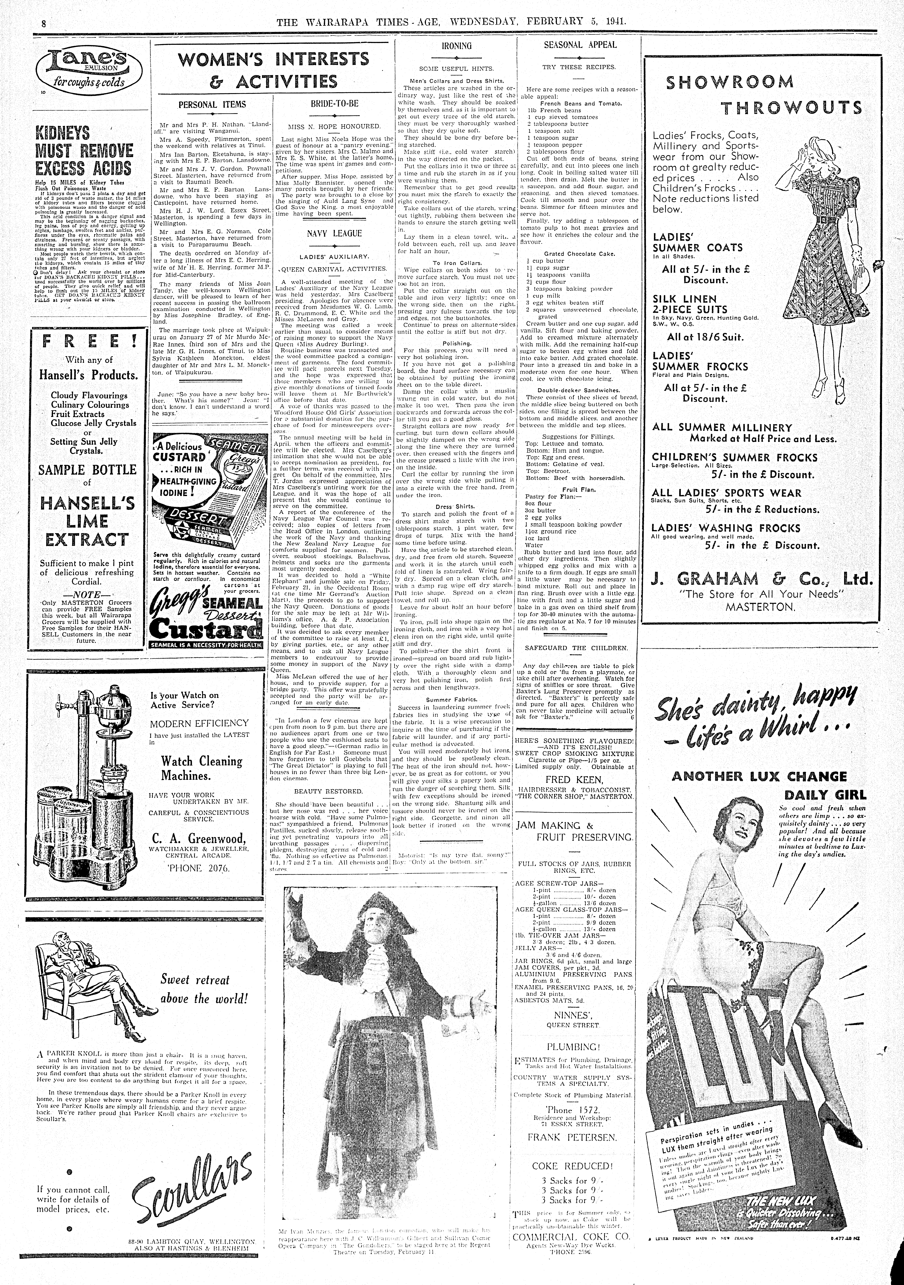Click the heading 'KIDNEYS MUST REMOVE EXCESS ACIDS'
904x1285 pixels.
click(x=84, y=151)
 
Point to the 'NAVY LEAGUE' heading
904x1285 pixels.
click(x=334, y=233)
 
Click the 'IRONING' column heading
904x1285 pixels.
click(x=456, y=46)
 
